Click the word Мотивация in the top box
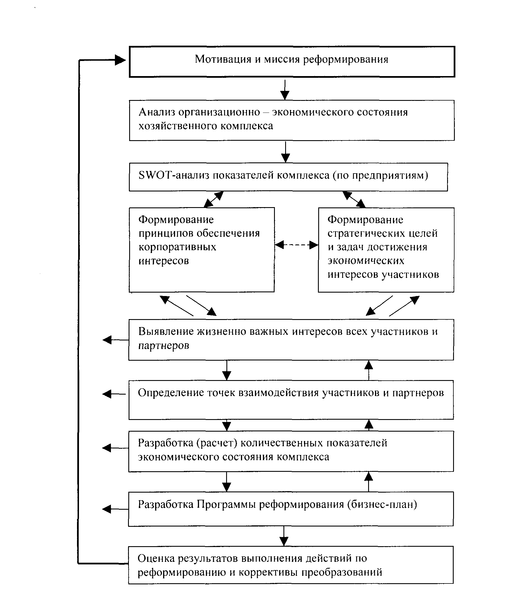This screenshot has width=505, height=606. [x=223, y=59]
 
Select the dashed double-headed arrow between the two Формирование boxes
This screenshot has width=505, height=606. [x=296, y=245]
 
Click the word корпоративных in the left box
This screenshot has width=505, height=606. [x=177, y=247]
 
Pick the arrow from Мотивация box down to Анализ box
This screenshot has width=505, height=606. [x=285, y=90]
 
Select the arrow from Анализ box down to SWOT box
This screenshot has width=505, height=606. [x=285, y=152]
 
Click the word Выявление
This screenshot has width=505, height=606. [x=166, y=332]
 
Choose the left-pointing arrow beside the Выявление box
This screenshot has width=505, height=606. [x=116, y=340]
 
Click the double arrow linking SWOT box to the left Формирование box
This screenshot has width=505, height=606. [x=214, y=199]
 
